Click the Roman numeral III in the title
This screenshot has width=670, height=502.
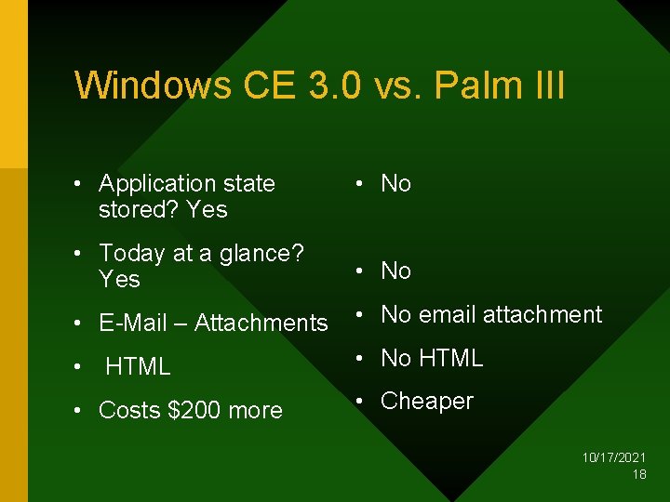pos(544,86)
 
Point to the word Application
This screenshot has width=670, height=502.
pos(155,184)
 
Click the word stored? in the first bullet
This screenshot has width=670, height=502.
pos(139,210)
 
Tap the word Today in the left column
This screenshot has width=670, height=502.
pos(132,253)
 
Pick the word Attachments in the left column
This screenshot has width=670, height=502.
pos(261,324)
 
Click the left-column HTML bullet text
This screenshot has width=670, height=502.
pos(138,367)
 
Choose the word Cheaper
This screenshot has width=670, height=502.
pos(427,402)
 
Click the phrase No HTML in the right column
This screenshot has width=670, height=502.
pos(432,358)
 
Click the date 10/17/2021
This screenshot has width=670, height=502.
pos(614,458)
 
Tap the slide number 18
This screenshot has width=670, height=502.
pos(639,474)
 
